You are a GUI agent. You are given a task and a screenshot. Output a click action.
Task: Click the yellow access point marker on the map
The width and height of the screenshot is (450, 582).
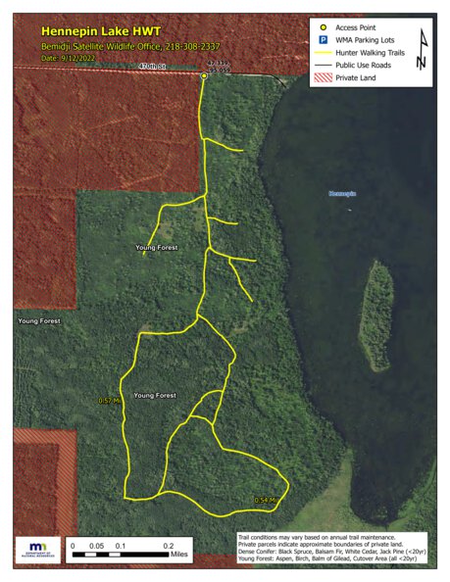204,75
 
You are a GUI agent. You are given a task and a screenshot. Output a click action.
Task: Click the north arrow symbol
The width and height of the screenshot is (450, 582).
422,49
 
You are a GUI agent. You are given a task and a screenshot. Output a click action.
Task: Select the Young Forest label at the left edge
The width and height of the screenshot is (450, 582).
37,321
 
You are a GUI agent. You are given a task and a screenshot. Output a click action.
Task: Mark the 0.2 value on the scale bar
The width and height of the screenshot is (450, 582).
169,544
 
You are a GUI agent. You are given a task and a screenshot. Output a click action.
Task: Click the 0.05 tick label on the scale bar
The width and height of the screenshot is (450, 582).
97,544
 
